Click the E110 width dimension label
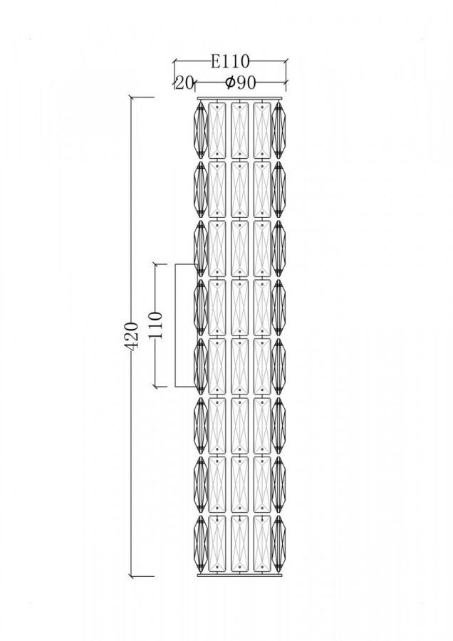(x=230, y=62)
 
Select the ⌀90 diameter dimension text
(x=241, y=83)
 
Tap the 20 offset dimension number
(x=184, y=83)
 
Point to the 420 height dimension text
(x=132, y=336)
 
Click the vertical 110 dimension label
(x=156, y=325)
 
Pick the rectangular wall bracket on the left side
(x=176, y=325)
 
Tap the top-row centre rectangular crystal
(x=239, y=130)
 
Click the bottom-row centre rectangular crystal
(x=239, y=543)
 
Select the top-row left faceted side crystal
(x=200, y=130)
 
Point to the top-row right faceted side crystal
(x=278, y=130)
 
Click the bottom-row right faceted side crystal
(x=278, y=543)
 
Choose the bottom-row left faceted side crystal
(x=200, y=543)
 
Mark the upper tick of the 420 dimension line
(x=132, y=98)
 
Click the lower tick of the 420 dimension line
(x=132, y=576)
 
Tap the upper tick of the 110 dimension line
(x=156, y=264)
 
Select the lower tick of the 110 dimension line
(x=156, y=386)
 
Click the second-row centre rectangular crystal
(x=239, y=189)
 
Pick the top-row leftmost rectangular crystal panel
(x=217, y=130)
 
